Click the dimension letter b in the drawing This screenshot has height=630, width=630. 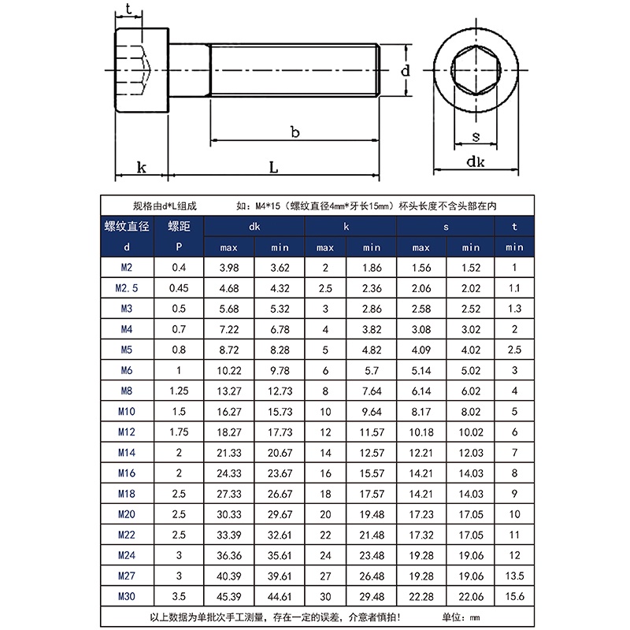tap(295, 132)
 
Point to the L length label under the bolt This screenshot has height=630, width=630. tap(272, 167)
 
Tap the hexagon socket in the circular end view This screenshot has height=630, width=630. tap(476, 72)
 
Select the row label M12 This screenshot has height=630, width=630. tap(126, 432)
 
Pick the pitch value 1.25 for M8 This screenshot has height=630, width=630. tap(179, 391)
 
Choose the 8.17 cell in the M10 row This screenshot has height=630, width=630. tap(421, 412)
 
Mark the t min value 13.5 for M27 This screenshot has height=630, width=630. tap(514, 576)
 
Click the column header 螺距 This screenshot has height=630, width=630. tap(179, 227)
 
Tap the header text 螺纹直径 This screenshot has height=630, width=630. tap(127, 227)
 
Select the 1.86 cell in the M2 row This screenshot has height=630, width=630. tap(371, 269)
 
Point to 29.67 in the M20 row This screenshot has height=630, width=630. tap(280, 514)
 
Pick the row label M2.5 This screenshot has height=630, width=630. tap(127, 289)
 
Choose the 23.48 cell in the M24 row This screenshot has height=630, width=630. tap(371, 555)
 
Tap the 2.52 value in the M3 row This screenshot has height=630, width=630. tap(470, 309)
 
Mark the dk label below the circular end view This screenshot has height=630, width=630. tap(475, 162)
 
